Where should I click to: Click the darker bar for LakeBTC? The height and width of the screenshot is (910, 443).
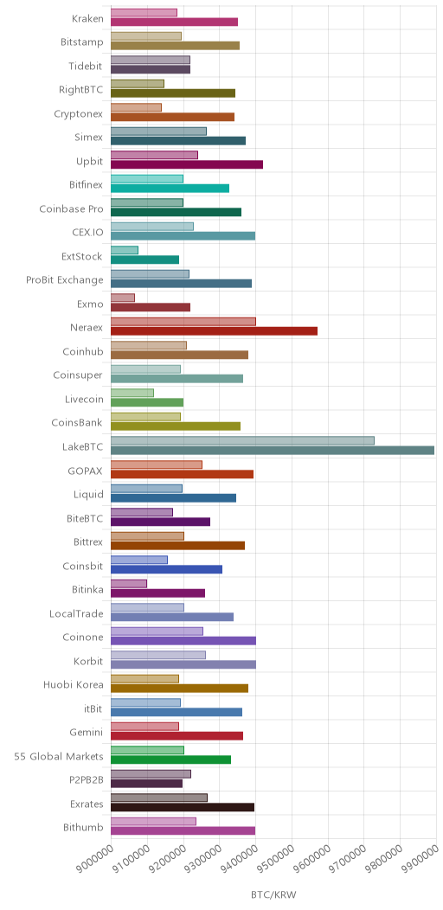[273, 451]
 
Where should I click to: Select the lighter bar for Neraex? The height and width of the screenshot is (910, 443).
[183, 322]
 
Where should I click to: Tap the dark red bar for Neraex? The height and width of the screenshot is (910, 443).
[214, 331]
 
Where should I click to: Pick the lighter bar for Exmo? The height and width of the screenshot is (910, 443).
[123, 298]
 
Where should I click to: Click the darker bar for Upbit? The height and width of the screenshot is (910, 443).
[186, 165]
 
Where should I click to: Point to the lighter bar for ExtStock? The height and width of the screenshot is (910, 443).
[125, 250]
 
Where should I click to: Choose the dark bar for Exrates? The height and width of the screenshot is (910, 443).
[183, 807]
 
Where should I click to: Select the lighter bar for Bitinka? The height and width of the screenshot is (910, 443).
[128, 583]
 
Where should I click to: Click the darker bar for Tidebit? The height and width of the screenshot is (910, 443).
[151, 70]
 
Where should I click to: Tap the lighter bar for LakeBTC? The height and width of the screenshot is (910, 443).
[242, 440]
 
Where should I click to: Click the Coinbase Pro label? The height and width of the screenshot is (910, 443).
[72, 209]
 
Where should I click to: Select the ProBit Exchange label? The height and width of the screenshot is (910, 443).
[65, 280]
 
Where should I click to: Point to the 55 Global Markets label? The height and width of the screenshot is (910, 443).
[59, 756]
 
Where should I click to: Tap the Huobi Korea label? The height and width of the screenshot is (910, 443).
[74, 685]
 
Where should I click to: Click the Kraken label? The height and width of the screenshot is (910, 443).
[87, 18]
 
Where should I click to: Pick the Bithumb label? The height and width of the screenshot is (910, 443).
[84, 828]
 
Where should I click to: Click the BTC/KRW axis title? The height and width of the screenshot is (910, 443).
[273, 894]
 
